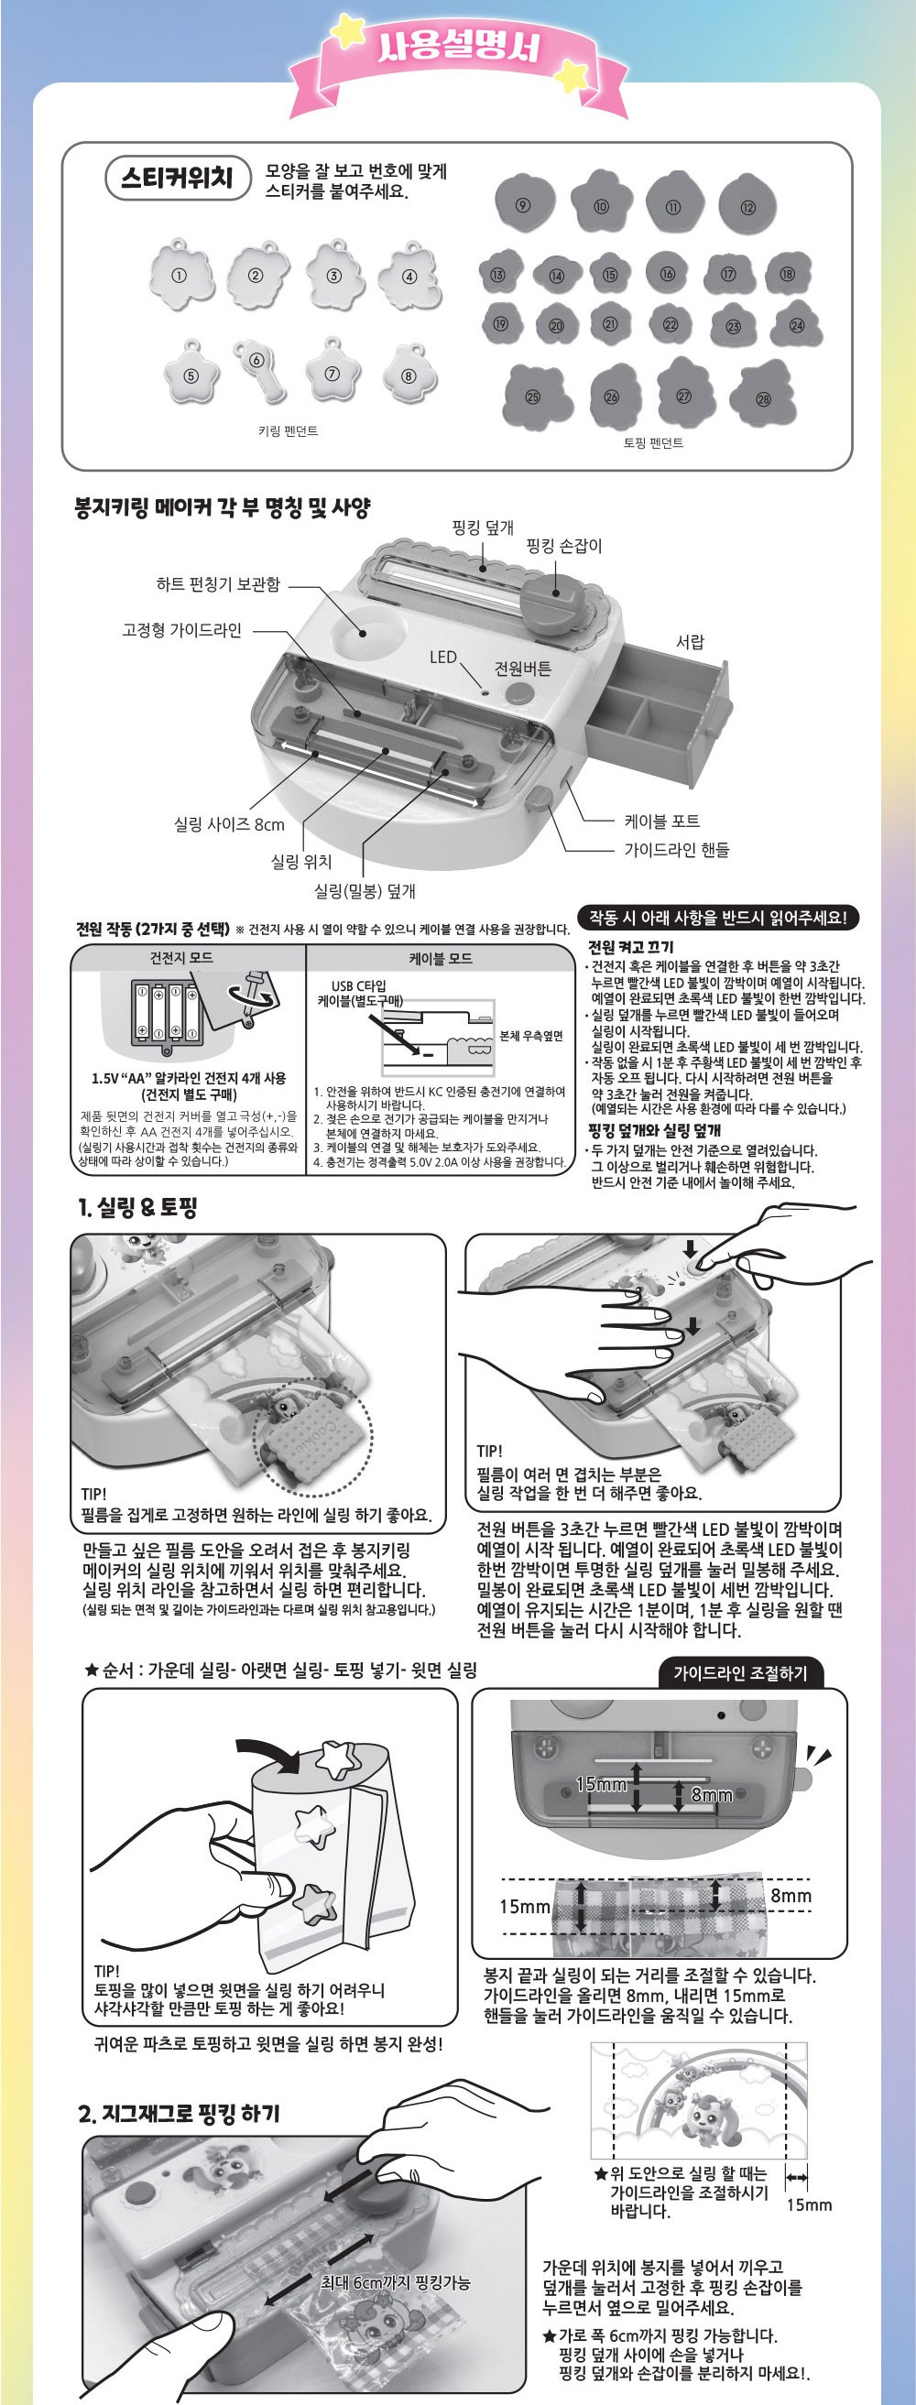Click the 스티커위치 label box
point(178,178)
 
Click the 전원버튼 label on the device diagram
point(523,669)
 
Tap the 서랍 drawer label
point(689,641)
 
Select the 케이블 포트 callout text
point(661,821)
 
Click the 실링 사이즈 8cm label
point(229,823)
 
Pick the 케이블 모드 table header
point(440,958)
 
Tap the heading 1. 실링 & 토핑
point(138,1207)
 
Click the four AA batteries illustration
point(165,1010)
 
